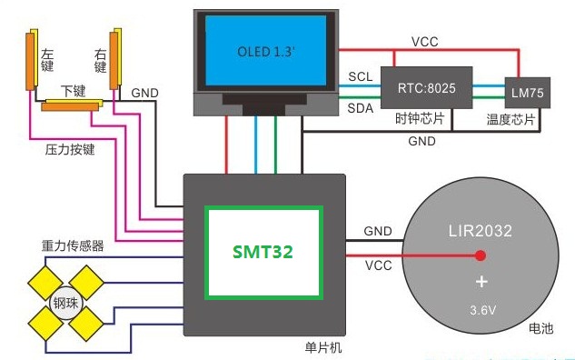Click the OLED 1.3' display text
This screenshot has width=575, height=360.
click(x=266, y=52)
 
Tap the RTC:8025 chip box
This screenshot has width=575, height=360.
click(x=427, y=87)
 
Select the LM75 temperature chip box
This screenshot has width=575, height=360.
click(x=528, y=93)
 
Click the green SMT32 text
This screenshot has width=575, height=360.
click(x=263, y=252)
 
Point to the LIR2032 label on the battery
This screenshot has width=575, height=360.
click(x=480, y=231)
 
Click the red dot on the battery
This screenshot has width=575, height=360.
click(x=481, y=255)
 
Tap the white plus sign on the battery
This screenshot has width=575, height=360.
click(x=481, y=282)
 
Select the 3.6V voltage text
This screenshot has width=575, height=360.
click(x=483, y=310)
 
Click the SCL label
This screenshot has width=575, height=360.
click(x=360, y=76)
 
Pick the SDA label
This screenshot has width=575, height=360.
click(x=360, y=108)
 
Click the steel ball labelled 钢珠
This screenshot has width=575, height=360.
click(x=65, y=303)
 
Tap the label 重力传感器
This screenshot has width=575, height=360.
click(x=73, y=245)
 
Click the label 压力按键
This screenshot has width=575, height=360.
click(x=70, y=149)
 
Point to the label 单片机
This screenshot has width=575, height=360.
click(x=323, y=347)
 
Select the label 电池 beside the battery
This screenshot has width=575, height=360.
click(x=540, y=327)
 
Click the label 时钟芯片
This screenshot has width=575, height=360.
click(x=420, y=118)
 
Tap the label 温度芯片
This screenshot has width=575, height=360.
click(x=511, y=119)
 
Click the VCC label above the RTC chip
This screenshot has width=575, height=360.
click(x=424, y=42)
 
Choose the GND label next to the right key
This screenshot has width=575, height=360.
click(x=144, y=93)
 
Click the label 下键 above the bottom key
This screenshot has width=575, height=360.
click(x=74, y=91)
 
